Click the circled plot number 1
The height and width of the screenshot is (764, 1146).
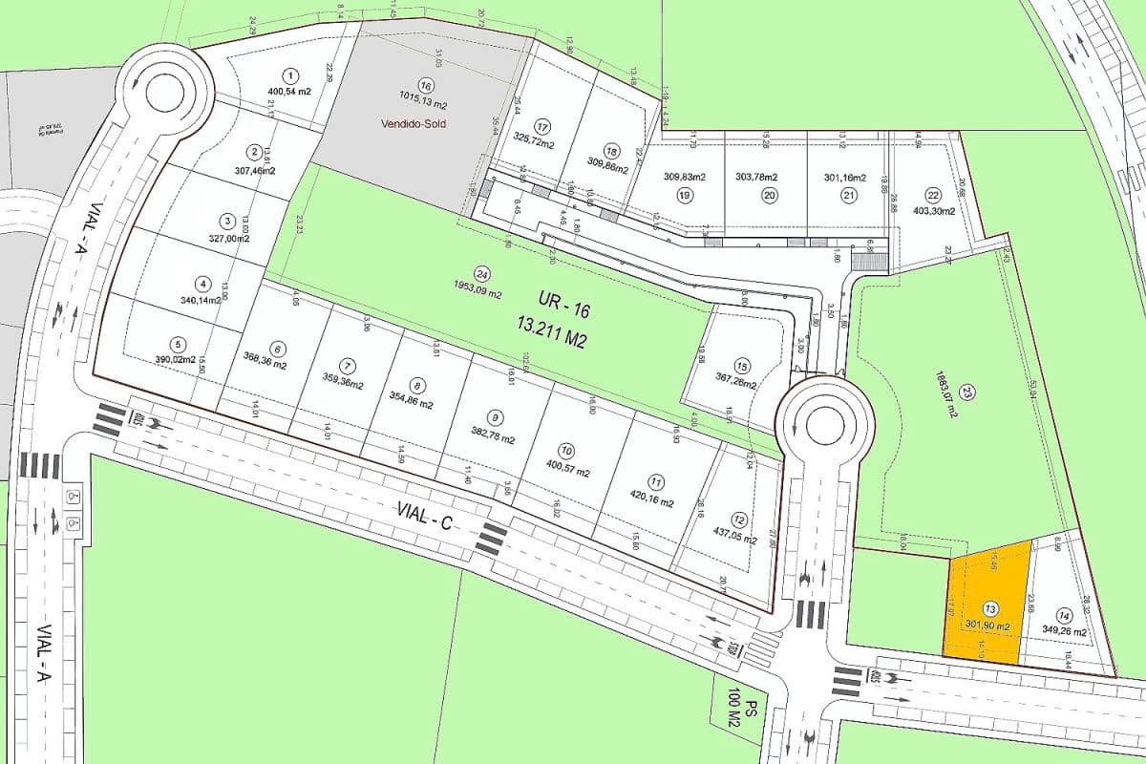(290, 74)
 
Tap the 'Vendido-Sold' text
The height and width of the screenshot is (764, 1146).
(413, 124)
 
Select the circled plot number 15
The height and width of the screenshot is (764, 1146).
(742, 365)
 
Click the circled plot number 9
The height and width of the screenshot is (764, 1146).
(494, 416)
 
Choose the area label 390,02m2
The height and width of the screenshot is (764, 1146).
(176, 360)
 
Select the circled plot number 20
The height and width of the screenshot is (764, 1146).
(769, 195)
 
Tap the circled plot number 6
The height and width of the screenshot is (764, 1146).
(277, 349)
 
